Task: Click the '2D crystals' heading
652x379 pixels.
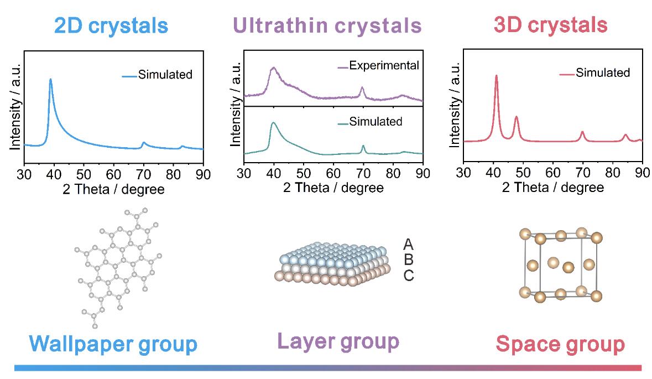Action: click(x=111, y=25)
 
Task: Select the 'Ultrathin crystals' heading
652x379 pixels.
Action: click(x=327, y=25)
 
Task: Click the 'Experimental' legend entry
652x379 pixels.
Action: click(x=384, y=66)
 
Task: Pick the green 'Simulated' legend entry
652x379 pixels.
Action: click(x=375, y=121)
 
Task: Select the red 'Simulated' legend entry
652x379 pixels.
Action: click(x=602, y=72)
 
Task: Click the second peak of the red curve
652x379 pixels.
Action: click(x=517, y=117)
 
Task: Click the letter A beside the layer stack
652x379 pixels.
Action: click(x=409, y=244)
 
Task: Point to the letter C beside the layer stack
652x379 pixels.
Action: click(x=409, y=275)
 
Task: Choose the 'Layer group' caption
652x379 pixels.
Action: click(x=337, y=341)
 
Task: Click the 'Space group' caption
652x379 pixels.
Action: click(x=560, y=344)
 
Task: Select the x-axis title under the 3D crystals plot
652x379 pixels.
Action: click(x=552, y=188)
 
